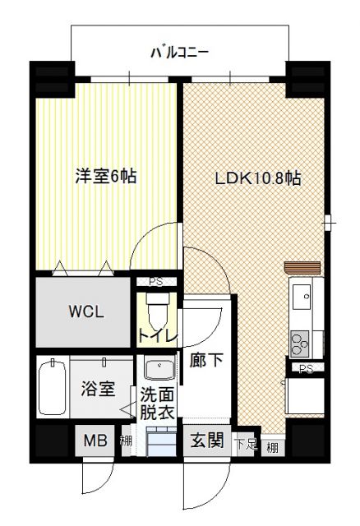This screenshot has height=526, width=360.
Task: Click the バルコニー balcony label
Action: (x=179, y=53)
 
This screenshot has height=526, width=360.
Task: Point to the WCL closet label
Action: (x=85, y=312)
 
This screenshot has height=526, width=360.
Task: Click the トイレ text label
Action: (x=155, y=335)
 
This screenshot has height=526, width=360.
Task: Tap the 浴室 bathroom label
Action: (x=97, y=390)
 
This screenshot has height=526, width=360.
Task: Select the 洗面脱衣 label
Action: (x=156, y=404)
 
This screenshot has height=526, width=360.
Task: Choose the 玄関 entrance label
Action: (x=207, y=441)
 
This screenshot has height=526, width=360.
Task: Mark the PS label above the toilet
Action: (x=155, y=281)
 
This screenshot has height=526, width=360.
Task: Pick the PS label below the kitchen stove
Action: (x=305, y=368)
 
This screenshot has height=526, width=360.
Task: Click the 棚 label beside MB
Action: (x=126, y=442)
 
